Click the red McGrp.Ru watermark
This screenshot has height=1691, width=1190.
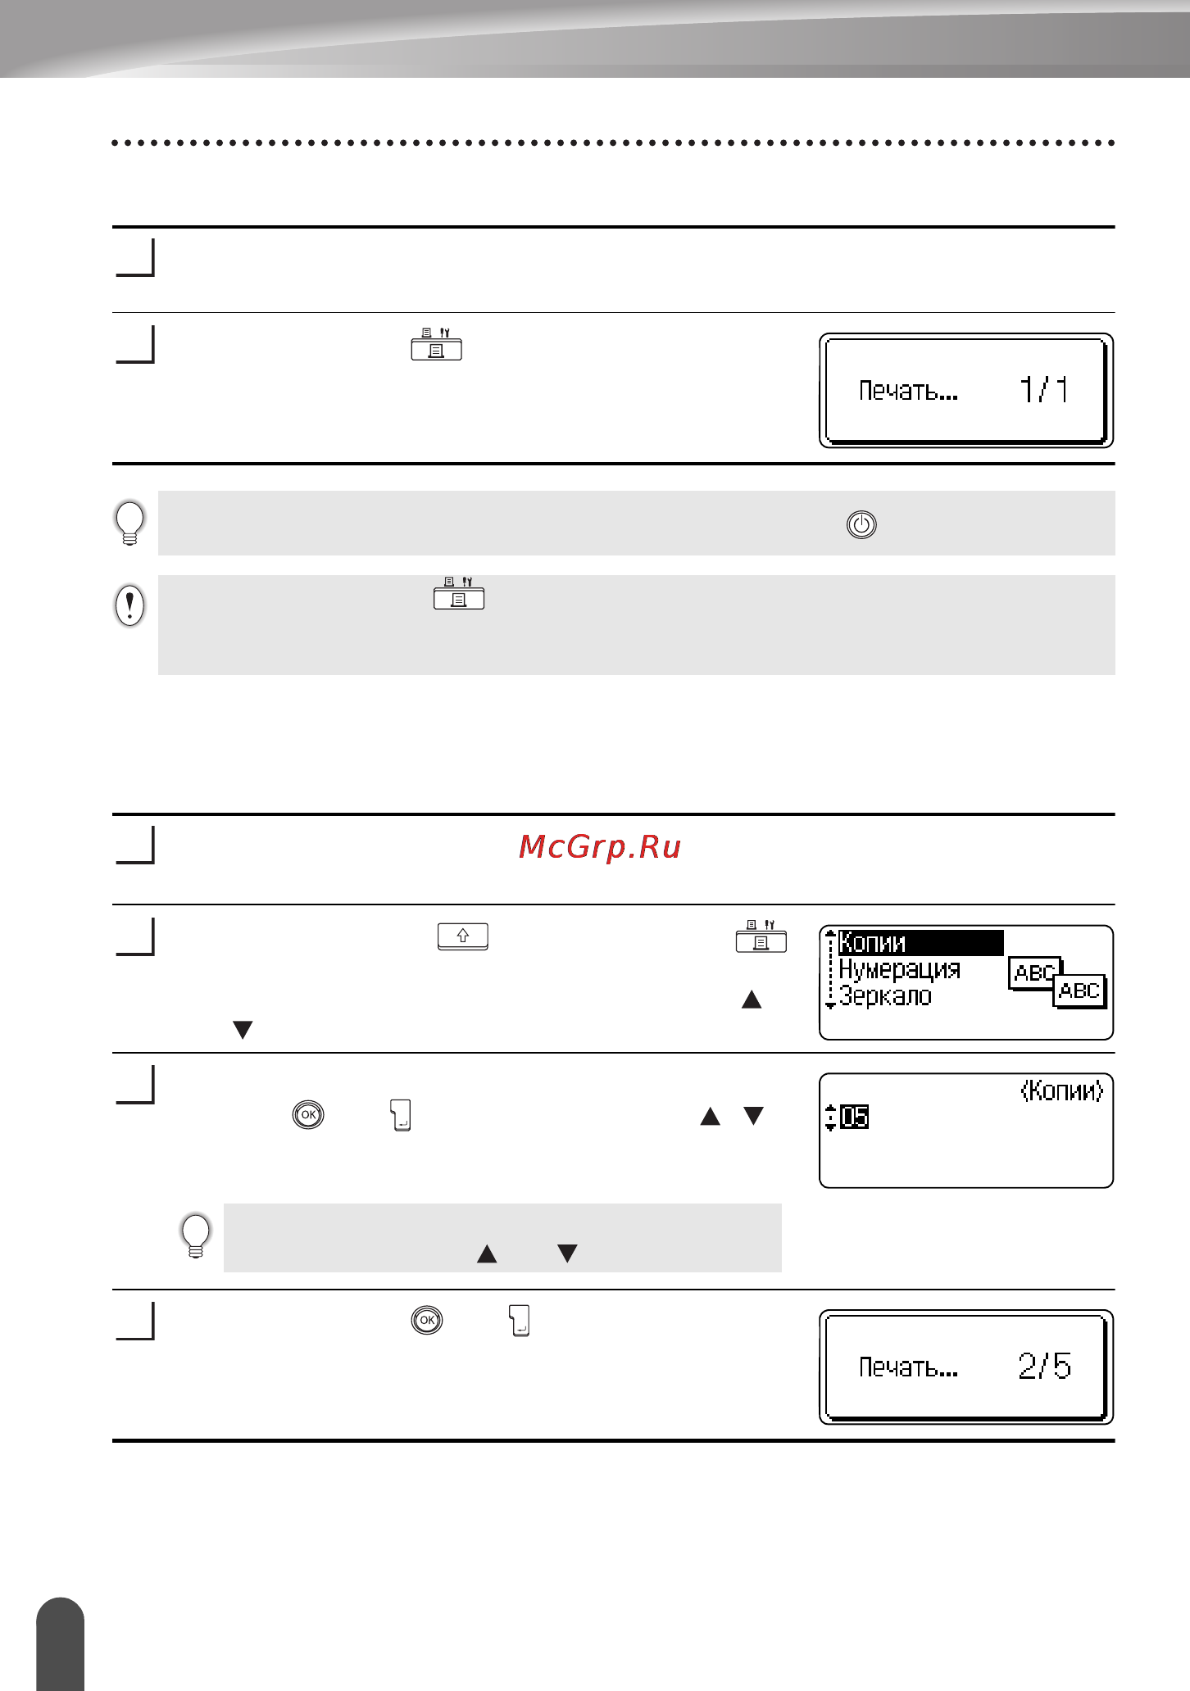600,847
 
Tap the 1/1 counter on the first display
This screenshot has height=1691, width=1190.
1044,389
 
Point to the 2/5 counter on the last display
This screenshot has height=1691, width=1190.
1045,1366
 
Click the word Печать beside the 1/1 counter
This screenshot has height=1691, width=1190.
908,391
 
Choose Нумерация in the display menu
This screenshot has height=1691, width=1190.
899,969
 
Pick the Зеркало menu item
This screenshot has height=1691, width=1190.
885,996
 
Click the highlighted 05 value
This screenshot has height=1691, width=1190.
855,1117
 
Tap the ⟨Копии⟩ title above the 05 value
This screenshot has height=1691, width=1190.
1062,1090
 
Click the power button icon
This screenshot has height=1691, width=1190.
861,524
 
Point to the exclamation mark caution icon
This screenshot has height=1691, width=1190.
129,605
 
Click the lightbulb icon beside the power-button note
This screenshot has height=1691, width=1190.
129,523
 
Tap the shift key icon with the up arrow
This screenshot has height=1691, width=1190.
463,936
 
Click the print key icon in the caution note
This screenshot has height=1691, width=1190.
459,593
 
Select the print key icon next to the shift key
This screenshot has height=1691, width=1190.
761,936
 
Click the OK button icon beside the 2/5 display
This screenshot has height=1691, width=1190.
427,1320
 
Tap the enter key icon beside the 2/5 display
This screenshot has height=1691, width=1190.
520,1321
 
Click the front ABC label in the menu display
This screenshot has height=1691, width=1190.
1079,991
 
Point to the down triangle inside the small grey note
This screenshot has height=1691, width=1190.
567,1254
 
